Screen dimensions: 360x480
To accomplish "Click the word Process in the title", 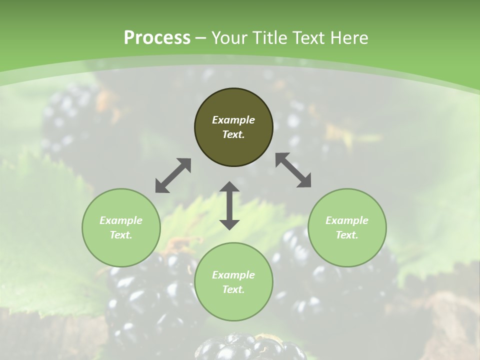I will coord(157,37).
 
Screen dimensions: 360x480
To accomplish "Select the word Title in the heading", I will coord(269,37).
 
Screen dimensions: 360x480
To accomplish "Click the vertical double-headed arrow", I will coord(229,206).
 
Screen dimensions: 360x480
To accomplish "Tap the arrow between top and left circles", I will coord(173,175).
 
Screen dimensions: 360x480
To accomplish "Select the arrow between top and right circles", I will coord(293,170).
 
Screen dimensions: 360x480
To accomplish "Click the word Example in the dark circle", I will coord(233,120).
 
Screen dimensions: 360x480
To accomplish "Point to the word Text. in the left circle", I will coord(121,235).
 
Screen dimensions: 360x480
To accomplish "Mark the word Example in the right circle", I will coord(347,220).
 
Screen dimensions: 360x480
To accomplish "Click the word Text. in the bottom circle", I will coord(233,289).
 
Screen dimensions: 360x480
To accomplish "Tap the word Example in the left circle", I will coord(121,220).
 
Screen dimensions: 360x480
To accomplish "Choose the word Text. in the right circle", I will coord(347,235).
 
